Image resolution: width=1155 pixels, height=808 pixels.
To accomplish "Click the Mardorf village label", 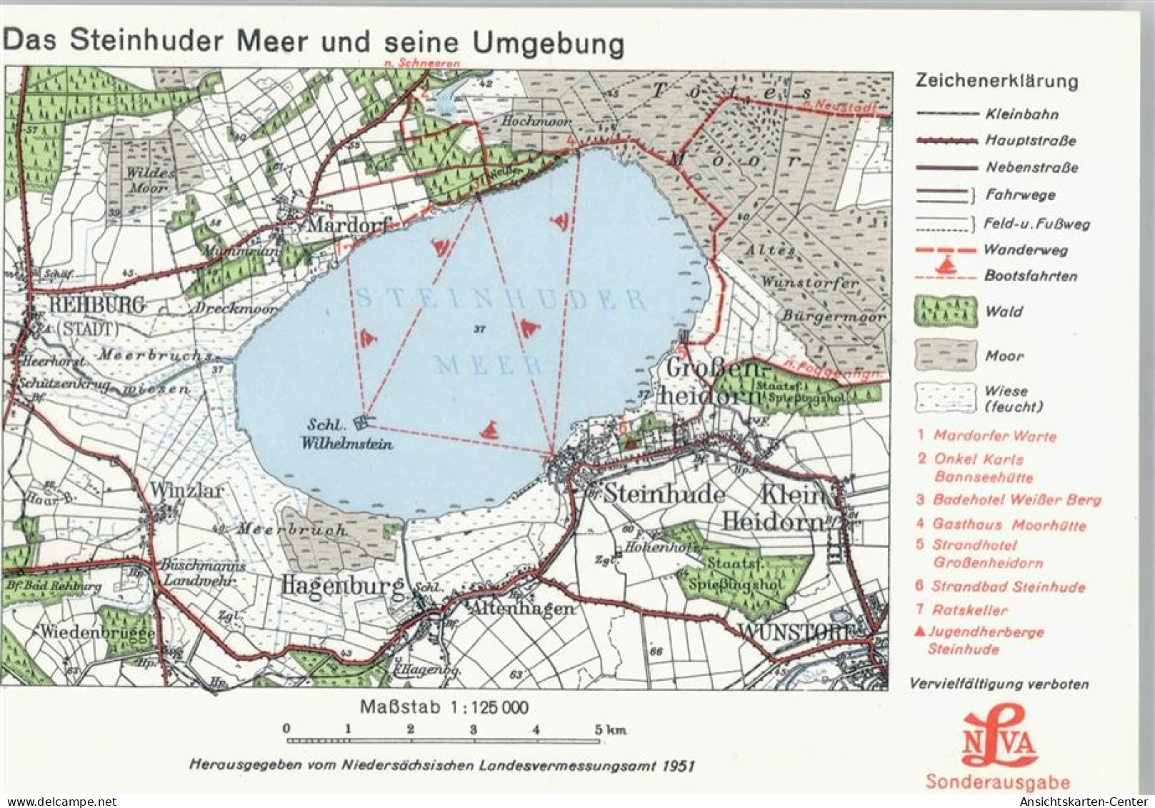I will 347,224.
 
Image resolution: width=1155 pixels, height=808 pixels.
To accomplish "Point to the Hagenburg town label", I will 343,587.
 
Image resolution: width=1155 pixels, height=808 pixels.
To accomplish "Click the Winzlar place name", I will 186,490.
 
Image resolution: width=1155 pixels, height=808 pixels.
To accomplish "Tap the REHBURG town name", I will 97,305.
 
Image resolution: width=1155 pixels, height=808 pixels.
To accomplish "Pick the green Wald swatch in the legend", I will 945,311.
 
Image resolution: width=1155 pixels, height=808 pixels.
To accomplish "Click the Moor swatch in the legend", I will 945,355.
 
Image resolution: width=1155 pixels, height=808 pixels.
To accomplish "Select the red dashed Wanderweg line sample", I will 945,250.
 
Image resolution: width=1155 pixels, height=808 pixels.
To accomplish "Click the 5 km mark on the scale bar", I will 598,729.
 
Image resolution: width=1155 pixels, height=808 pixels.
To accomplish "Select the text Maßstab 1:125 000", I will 444,707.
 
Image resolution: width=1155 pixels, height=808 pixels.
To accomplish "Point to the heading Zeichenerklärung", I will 996,81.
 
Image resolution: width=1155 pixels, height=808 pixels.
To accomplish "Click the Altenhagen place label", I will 521,609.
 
